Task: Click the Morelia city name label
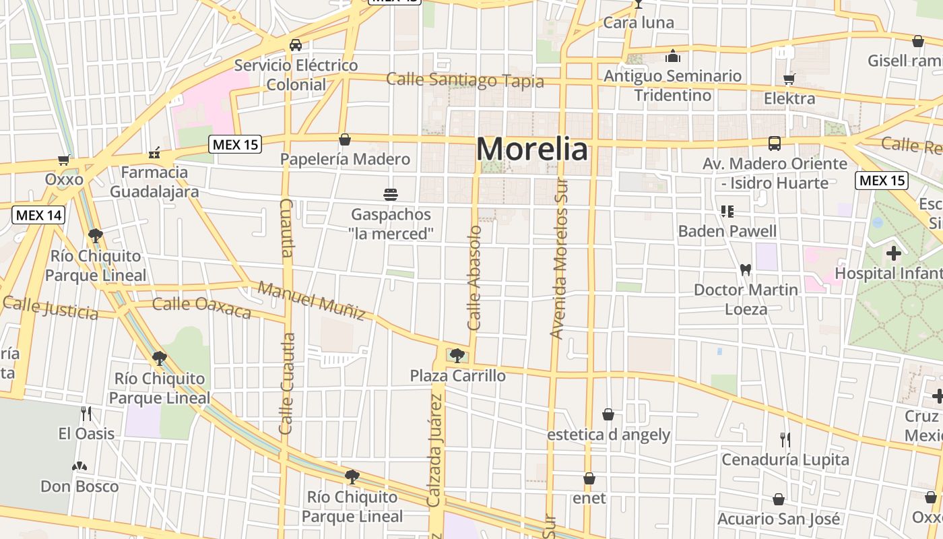click(x=532, y=149)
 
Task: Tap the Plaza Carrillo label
click(x=458, y=375)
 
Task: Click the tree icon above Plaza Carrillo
click(x=457, y=355)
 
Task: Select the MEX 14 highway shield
click(x=38, y=215)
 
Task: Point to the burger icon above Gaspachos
click(x=391, y=195)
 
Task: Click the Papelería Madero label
click(x=345, y=159)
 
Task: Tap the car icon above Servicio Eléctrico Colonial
click(x=295, y=45)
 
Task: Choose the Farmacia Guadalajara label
click(x=154, y=182)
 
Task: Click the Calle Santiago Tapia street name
click(x=465, y=80)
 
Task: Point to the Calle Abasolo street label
click(x=475, y=278)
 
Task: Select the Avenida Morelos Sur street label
click(x=558, y=259)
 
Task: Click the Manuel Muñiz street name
click(x=312, y=301)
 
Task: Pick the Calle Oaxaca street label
click(x=201, y=307)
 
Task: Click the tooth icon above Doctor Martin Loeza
click(x=745, y=269)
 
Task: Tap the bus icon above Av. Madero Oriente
click(x=775, y=144)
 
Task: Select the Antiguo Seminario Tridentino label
click(x=672, y=86)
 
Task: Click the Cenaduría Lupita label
click(x=785, y=459)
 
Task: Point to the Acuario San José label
click(x=779, y=519)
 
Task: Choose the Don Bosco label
click(x=79, y=486)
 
